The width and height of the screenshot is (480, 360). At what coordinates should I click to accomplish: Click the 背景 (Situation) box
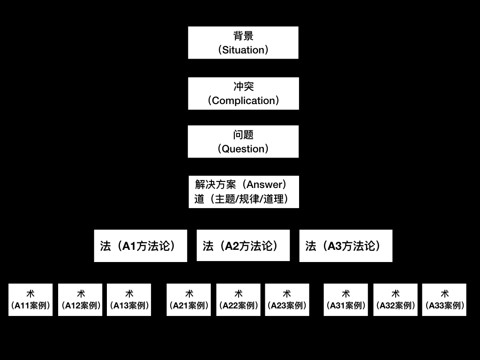243,43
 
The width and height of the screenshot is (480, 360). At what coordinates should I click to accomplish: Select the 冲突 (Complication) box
243,93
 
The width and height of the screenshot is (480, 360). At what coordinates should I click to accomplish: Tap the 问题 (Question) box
243,142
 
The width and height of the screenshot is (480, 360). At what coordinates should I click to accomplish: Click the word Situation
243,50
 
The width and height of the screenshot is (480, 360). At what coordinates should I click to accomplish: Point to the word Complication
243,101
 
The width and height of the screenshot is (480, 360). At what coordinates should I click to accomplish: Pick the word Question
243,149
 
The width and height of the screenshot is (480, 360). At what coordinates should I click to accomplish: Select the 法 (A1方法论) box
140,246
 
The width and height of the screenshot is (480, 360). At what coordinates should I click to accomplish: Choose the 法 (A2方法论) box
243,246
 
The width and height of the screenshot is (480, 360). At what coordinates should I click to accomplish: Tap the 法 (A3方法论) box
345,246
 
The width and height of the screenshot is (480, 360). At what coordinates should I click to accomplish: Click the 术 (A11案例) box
30,300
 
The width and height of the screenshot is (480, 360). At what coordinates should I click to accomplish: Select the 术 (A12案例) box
80,300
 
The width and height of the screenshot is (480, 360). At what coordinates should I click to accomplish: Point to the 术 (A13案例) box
129,300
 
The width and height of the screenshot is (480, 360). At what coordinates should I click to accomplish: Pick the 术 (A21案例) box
189,300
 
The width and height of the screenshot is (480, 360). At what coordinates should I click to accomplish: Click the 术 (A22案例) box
238,300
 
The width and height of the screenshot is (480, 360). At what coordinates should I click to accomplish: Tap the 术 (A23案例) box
287,300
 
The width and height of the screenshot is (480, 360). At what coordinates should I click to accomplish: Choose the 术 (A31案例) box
346,300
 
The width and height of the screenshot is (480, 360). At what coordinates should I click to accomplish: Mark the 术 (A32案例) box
395,300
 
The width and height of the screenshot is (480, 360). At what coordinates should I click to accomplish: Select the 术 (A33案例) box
444,300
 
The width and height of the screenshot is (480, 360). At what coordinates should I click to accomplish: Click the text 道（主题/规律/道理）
241,199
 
